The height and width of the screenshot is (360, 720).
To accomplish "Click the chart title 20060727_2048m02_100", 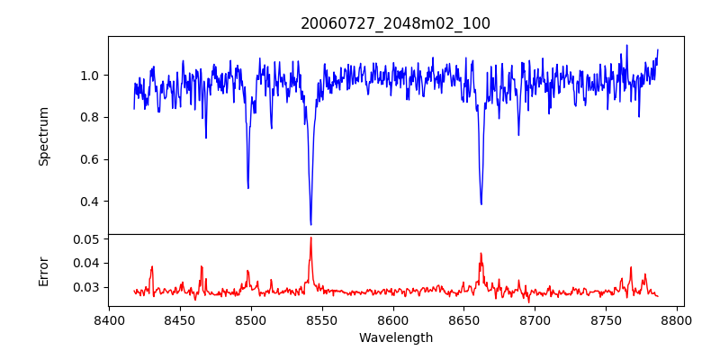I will point(395,23).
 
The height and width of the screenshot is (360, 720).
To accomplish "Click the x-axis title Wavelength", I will point(395,338).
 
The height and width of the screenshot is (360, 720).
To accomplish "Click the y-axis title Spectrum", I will point(43,136).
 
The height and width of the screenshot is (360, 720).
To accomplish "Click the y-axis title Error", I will point(43,270).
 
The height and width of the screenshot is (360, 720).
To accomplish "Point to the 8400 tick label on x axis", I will point(109,320).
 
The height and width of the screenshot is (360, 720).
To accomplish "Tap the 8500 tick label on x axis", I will point(251,320).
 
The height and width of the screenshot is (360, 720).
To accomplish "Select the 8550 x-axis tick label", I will point(322,320).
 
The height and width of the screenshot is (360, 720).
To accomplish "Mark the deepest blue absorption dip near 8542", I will point(310,224).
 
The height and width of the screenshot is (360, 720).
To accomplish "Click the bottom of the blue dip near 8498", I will point(248,187).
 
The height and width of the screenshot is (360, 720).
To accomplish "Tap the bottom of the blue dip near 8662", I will point(481,203).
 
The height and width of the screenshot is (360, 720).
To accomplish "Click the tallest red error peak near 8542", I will point(310,238).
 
